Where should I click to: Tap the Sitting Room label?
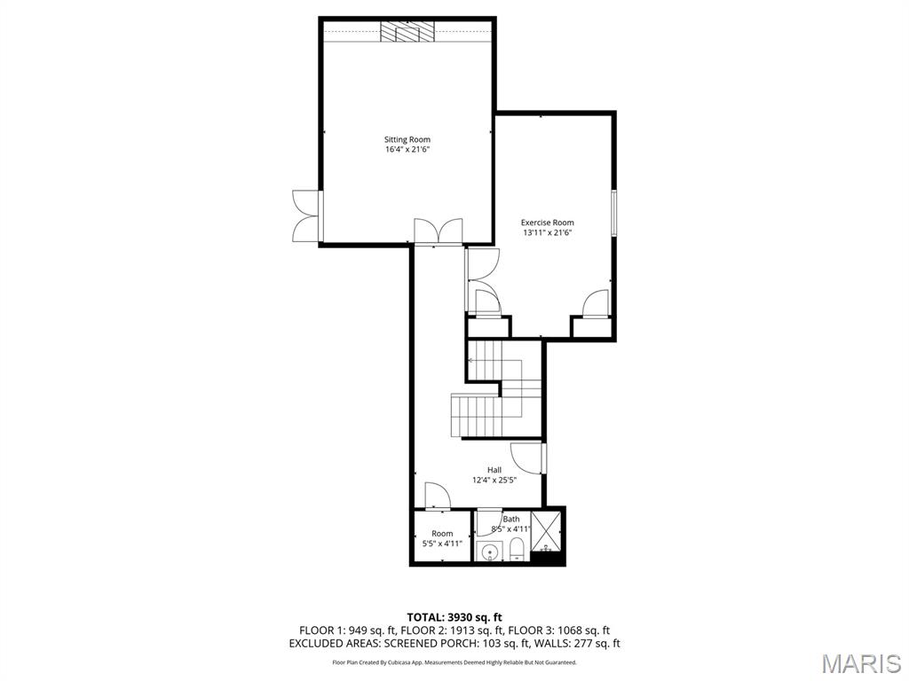click(x=407, y=139)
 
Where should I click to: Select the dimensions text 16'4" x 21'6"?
click(x=407, y=150)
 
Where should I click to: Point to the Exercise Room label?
click(x=547, y=223)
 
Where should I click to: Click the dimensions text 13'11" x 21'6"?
click(x=547, y=233)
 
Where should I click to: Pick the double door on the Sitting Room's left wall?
click(x=304, y=215)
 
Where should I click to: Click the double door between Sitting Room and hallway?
click(x=438, y=231)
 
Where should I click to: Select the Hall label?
click(x=494, y=470)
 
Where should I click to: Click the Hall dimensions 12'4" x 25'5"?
click(x=494, y=481)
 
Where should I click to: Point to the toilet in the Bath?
click(x=517, y=552)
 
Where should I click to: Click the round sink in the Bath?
click(x=488, y=553)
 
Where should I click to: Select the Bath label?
click(x=511, y=520)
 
